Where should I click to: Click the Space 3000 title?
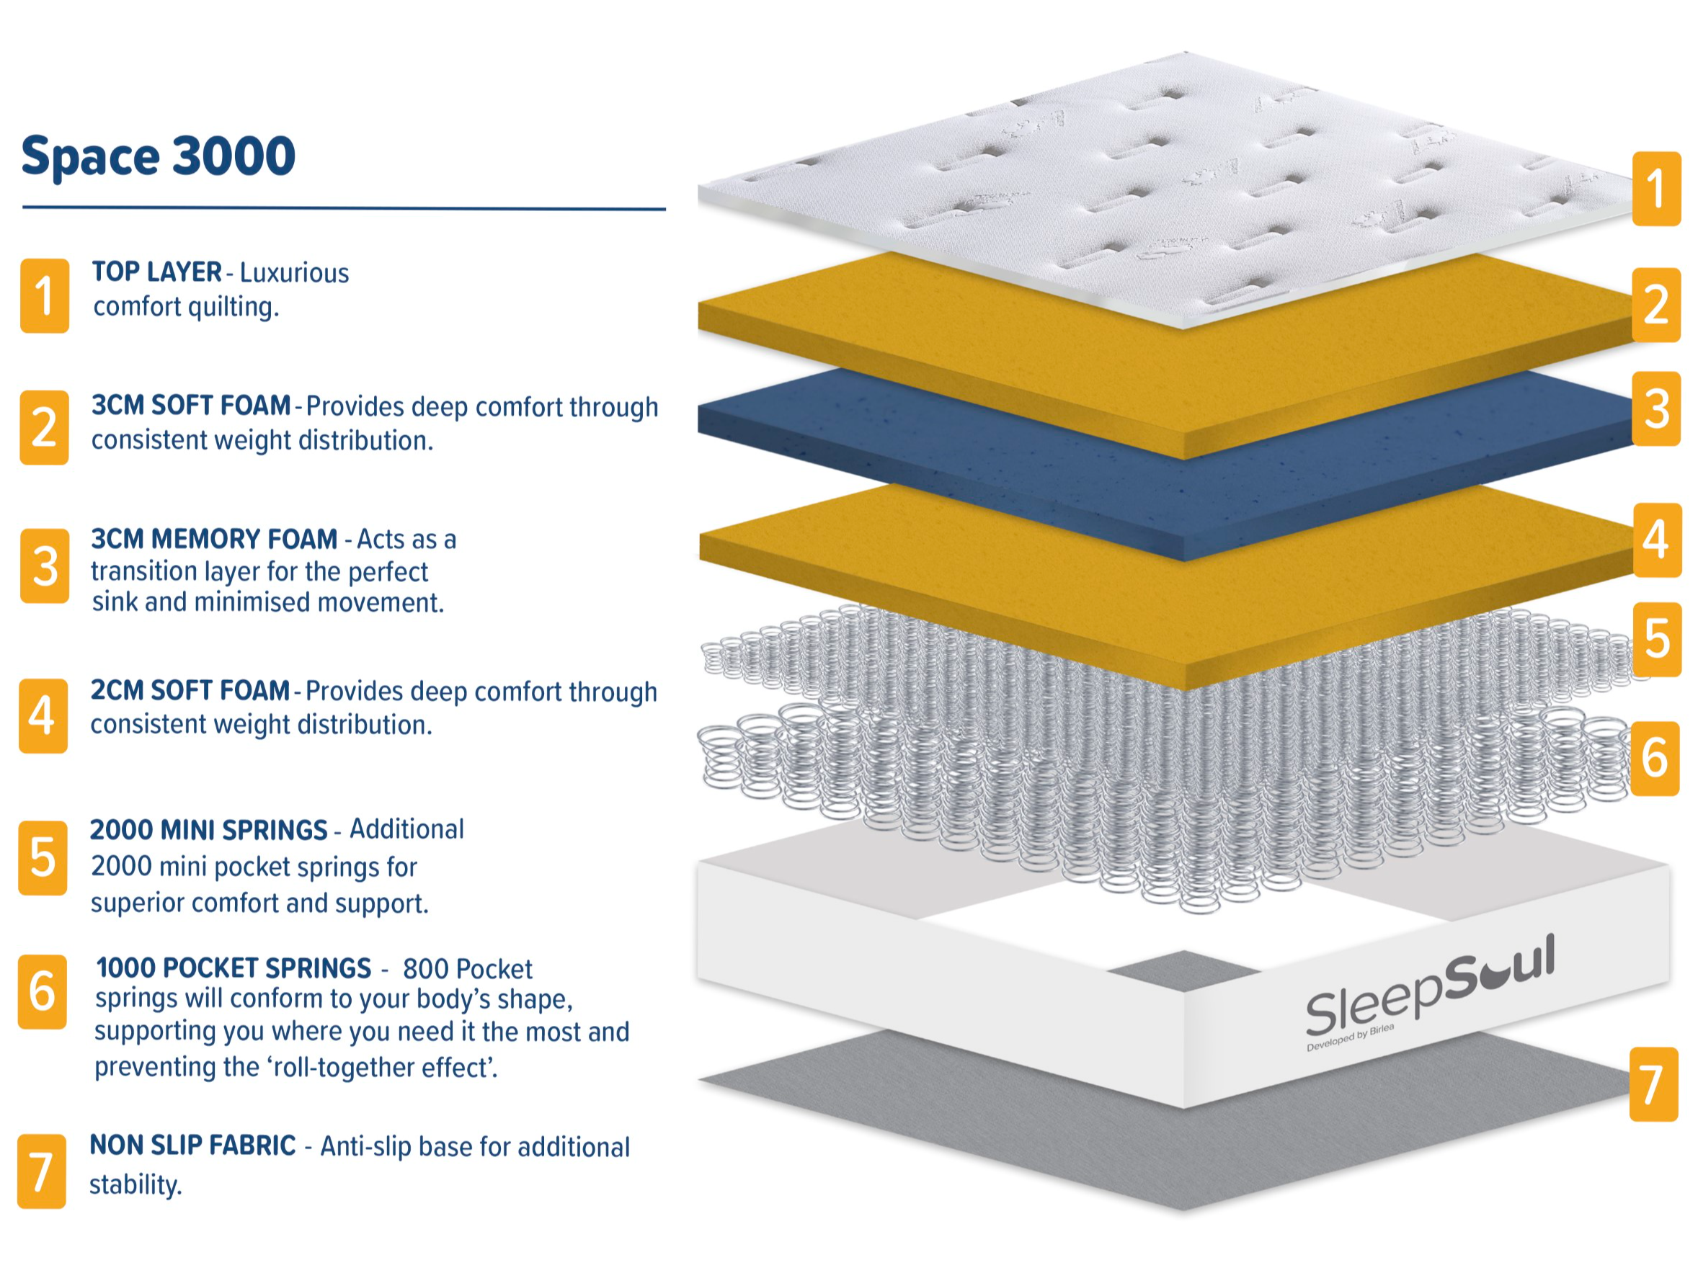158,156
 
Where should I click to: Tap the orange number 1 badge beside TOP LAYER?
45,295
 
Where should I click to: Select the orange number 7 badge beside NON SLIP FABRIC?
42,1171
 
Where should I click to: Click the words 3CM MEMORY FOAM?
214,539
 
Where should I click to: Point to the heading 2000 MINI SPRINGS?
209,830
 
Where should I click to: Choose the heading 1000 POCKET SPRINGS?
234,968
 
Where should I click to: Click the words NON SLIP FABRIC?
192,1145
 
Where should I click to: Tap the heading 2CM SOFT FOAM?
190,690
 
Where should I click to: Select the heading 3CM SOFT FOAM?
191,405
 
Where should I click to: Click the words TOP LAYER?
156,272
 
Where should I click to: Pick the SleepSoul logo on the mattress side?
1429,990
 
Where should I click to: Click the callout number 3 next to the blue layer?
1655,409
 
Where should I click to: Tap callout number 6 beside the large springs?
1654,757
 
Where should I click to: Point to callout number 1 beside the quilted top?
1656,189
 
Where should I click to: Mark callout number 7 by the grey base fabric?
1653,1084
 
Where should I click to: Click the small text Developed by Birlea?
1351,1037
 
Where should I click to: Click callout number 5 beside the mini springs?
1656,639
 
